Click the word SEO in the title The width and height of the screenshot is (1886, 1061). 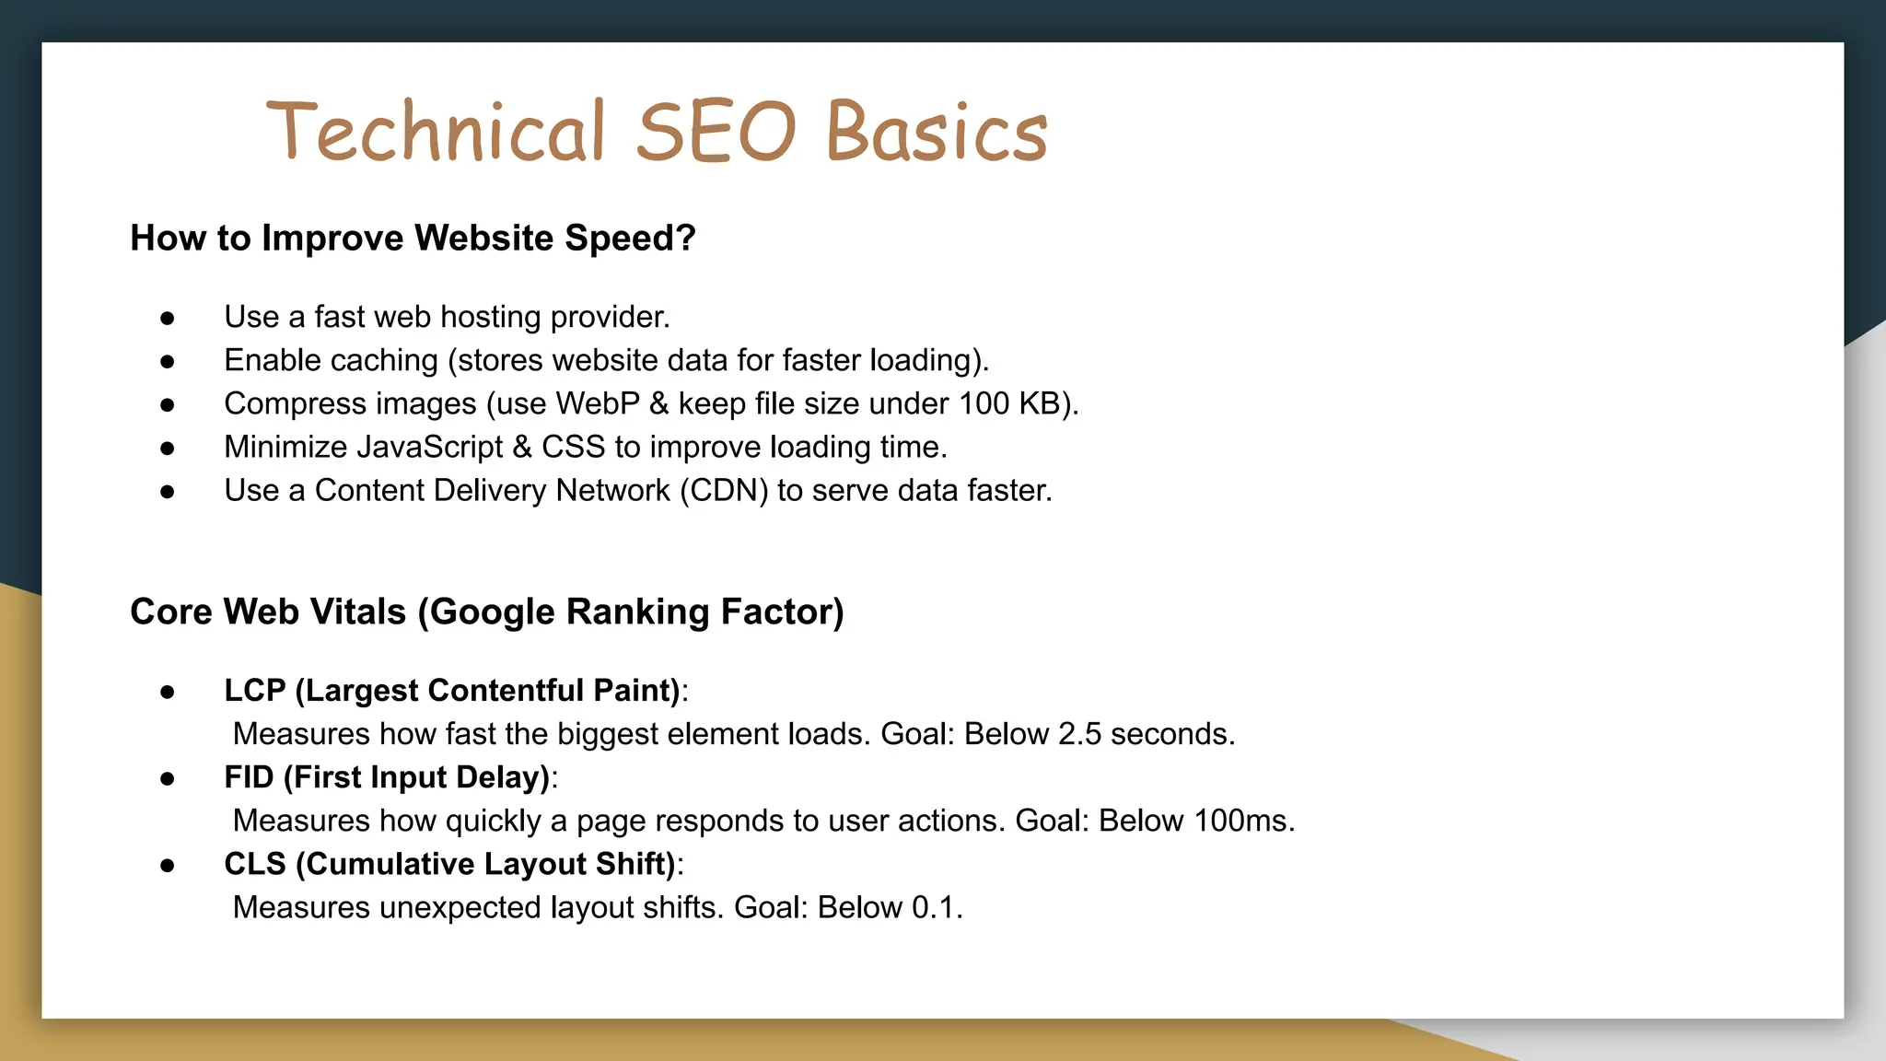(x=716, y=132)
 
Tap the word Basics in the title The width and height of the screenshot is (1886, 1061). (x=937, y=132)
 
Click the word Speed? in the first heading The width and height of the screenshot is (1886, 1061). (x=630, y=238)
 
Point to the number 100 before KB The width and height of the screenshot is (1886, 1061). (x=984, y=403)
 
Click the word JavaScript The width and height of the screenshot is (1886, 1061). (x=429, y=447)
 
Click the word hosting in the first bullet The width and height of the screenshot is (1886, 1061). (x=491, y=317)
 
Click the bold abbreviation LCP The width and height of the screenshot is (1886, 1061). (x=254, y=691)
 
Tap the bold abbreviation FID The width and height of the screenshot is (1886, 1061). (x=249, y=777)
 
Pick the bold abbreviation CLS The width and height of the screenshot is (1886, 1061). (x=254, y=864)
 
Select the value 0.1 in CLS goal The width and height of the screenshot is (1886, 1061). (x=935, y=907)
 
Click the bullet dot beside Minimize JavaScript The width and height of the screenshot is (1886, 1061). (x=167, y=449)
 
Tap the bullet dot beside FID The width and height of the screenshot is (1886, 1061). (x=167, y=779)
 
